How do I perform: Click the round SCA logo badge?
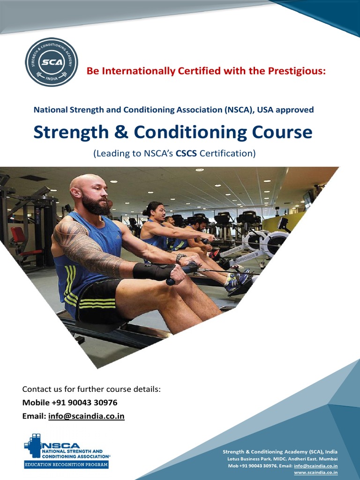52,62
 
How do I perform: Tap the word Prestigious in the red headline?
296,71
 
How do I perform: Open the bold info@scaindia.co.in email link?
86,416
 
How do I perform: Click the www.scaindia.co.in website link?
316,472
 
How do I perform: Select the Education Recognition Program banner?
66,465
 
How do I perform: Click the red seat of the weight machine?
18,239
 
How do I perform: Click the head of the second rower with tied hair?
156,211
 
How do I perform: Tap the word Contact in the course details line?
37,390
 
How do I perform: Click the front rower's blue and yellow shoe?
237,281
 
